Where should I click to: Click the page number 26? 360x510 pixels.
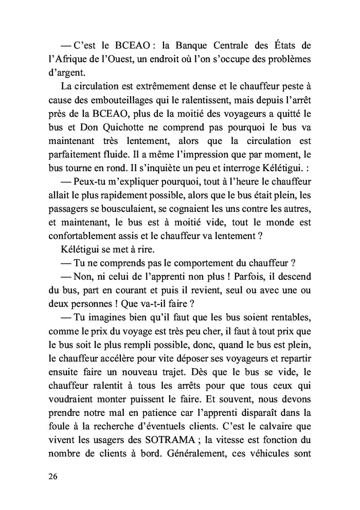[54, 476]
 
